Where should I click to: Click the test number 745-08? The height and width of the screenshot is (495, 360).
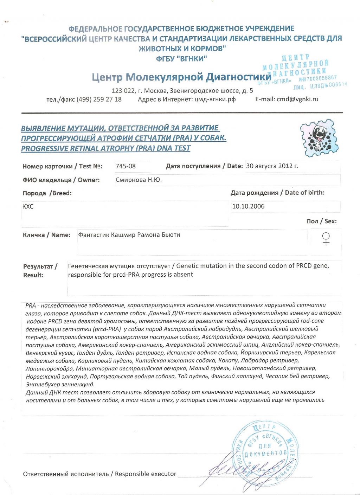[126, 166]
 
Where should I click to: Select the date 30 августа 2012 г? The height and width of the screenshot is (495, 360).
[272, 166]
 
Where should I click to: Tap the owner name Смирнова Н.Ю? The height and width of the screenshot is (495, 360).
[139, 180]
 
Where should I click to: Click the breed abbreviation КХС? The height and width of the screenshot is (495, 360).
[28, 206]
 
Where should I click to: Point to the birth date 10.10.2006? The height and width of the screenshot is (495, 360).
[248, 206]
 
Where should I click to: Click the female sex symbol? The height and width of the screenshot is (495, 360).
[326, 239]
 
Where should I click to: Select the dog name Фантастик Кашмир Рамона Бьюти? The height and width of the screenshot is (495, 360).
[129, 235]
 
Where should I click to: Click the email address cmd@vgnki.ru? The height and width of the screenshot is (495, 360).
[297, 99]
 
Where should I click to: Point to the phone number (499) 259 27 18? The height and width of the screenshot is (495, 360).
[99, 99]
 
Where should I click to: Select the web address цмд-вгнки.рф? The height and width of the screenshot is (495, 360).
[215, 99]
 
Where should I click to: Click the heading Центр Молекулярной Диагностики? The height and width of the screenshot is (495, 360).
[182, 77]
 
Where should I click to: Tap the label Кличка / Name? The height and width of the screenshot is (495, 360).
[46, 235]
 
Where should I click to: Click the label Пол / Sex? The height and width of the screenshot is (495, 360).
[321, 221]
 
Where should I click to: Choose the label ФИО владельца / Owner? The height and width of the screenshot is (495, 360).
[61, 180]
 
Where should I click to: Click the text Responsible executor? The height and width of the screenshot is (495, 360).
[146, 474]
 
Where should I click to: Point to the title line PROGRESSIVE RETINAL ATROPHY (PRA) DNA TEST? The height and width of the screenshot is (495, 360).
[105, 148]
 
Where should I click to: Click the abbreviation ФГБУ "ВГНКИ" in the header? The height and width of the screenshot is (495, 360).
[181, 59]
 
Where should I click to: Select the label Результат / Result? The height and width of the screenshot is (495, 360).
[40, 271]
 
